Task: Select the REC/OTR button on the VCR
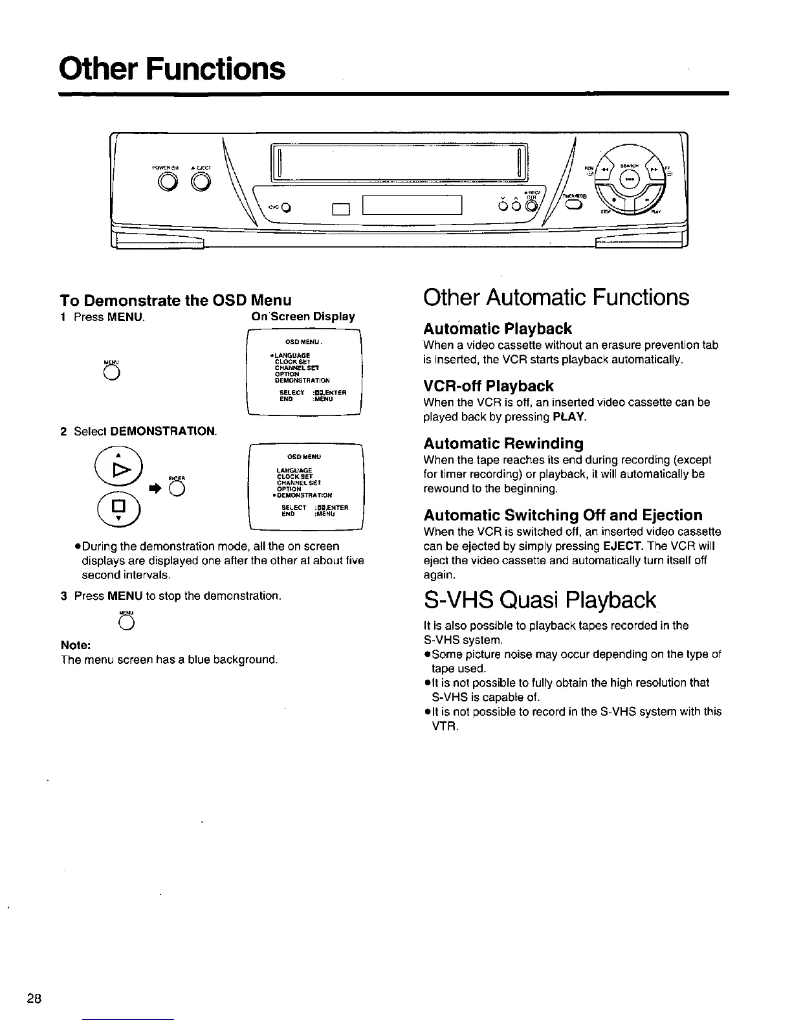(x=531, y=206)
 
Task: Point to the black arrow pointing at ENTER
(x=155, y=490)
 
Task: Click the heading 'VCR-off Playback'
(x=488, y=386)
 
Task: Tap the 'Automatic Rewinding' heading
(x=503, y=443)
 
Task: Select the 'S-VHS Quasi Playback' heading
(x=539, y=600)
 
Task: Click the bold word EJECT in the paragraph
(x=621, y=546)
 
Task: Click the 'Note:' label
(x=74, y=645)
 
